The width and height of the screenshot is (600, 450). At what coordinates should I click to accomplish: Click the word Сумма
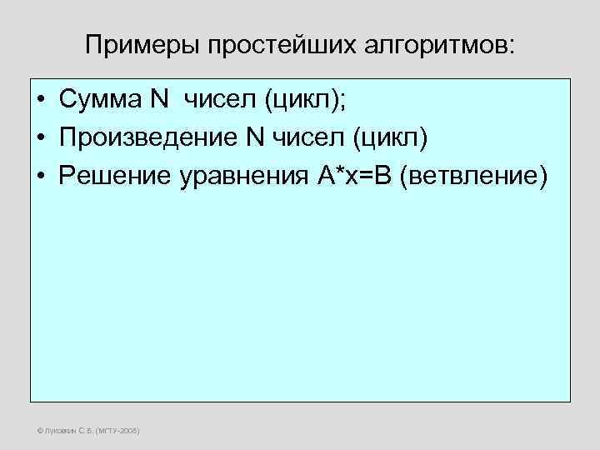[100, 101]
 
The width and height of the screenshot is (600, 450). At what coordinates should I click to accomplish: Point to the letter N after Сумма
[158, 101]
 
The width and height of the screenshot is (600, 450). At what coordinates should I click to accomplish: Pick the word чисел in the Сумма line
[219, 101]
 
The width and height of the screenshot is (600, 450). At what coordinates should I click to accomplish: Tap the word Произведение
[148, 137]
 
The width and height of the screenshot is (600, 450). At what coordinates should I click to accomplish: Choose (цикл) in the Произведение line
[389, 137]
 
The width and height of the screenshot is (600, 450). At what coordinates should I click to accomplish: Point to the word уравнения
[228, 175]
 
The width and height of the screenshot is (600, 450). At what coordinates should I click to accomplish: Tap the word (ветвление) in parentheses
[474, 175]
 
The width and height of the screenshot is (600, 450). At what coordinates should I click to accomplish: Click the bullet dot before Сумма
[40, 102]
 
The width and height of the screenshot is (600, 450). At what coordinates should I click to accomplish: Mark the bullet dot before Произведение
[40, 138]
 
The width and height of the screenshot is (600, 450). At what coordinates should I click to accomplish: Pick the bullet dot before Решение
[40, 176]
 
